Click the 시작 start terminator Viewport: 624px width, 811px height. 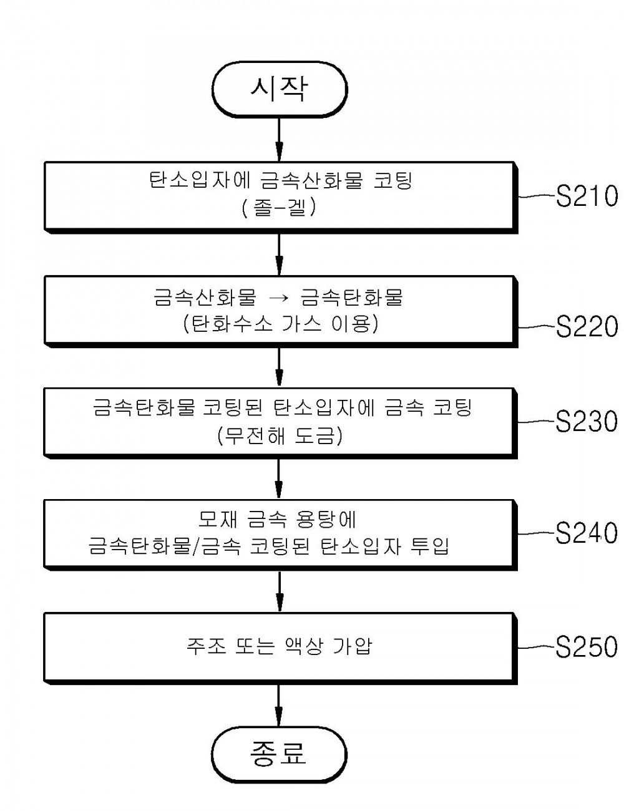[x=280, y=89]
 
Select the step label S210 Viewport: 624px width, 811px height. [x=587, y=196]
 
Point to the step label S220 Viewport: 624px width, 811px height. [x=587, y=326]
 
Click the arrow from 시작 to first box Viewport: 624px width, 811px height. [x=280, y=140]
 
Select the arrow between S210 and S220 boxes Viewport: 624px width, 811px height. [x=280, y=255]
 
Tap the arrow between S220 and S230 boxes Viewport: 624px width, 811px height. [x=280, y=367]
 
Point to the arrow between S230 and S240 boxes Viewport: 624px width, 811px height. [x=280, y=479]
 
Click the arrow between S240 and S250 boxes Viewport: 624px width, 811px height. [x=280, y=591]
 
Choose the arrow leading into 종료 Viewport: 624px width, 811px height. [x=280, y=706]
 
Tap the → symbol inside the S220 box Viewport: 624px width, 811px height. [x=279, y=298]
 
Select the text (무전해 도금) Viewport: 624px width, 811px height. [x=280, y=435]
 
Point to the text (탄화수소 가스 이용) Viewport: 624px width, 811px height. [x=281, y=324]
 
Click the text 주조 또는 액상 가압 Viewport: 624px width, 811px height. [x=280, y=646]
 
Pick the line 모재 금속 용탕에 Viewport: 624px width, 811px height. [x=277, y=519]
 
